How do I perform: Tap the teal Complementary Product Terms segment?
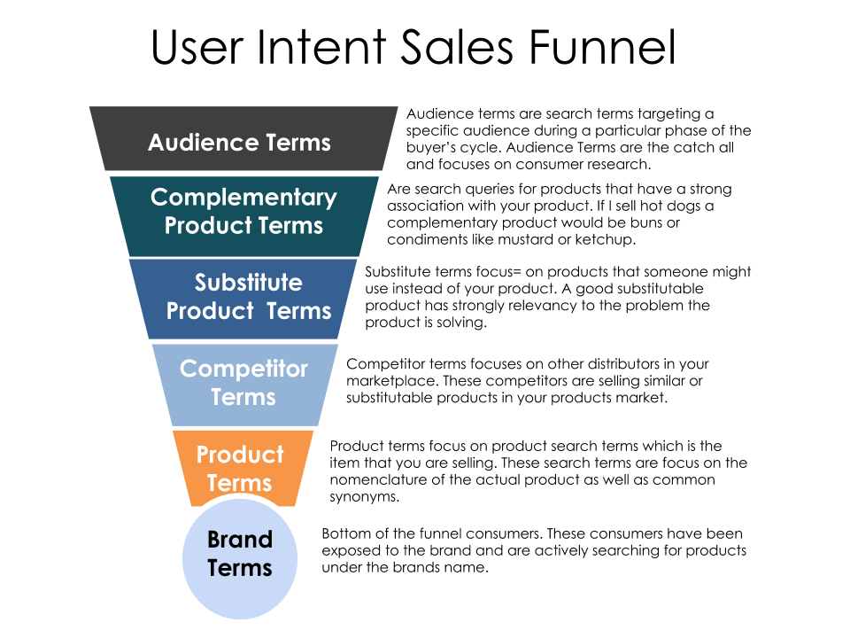click(x=243, y=213)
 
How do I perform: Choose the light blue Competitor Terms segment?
click(x=243, y=383)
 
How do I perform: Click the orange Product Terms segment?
click(x=240, y=468)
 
